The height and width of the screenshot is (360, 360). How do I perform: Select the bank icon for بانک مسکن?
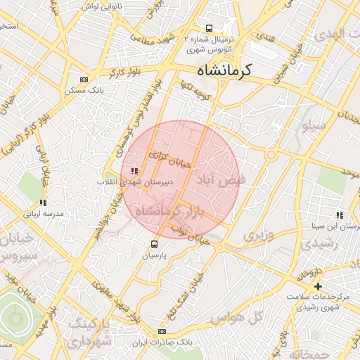(85, 79)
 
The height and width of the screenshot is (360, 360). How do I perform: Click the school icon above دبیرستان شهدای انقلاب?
(134, 171)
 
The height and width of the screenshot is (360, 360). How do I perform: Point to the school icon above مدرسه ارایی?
(43, 202)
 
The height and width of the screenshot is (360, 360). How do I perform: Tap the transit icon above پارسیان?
(154, 245)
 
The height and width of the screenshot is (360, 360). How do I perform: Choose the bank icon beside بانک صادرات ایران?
(162, 331)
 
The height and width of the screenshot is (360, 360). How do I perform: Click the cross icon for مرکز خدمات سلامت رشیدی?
(319, 286)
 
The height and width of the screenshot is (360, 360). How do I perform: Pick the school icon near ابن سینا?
(340, 215)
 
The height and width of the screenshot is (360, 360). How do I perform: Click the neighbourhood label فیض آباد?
(224, 179)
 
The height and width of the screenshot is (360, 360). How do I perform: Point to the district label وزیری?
(257, 234)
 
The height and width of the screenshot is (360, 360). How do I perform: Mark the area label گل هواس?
(256, 317)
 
